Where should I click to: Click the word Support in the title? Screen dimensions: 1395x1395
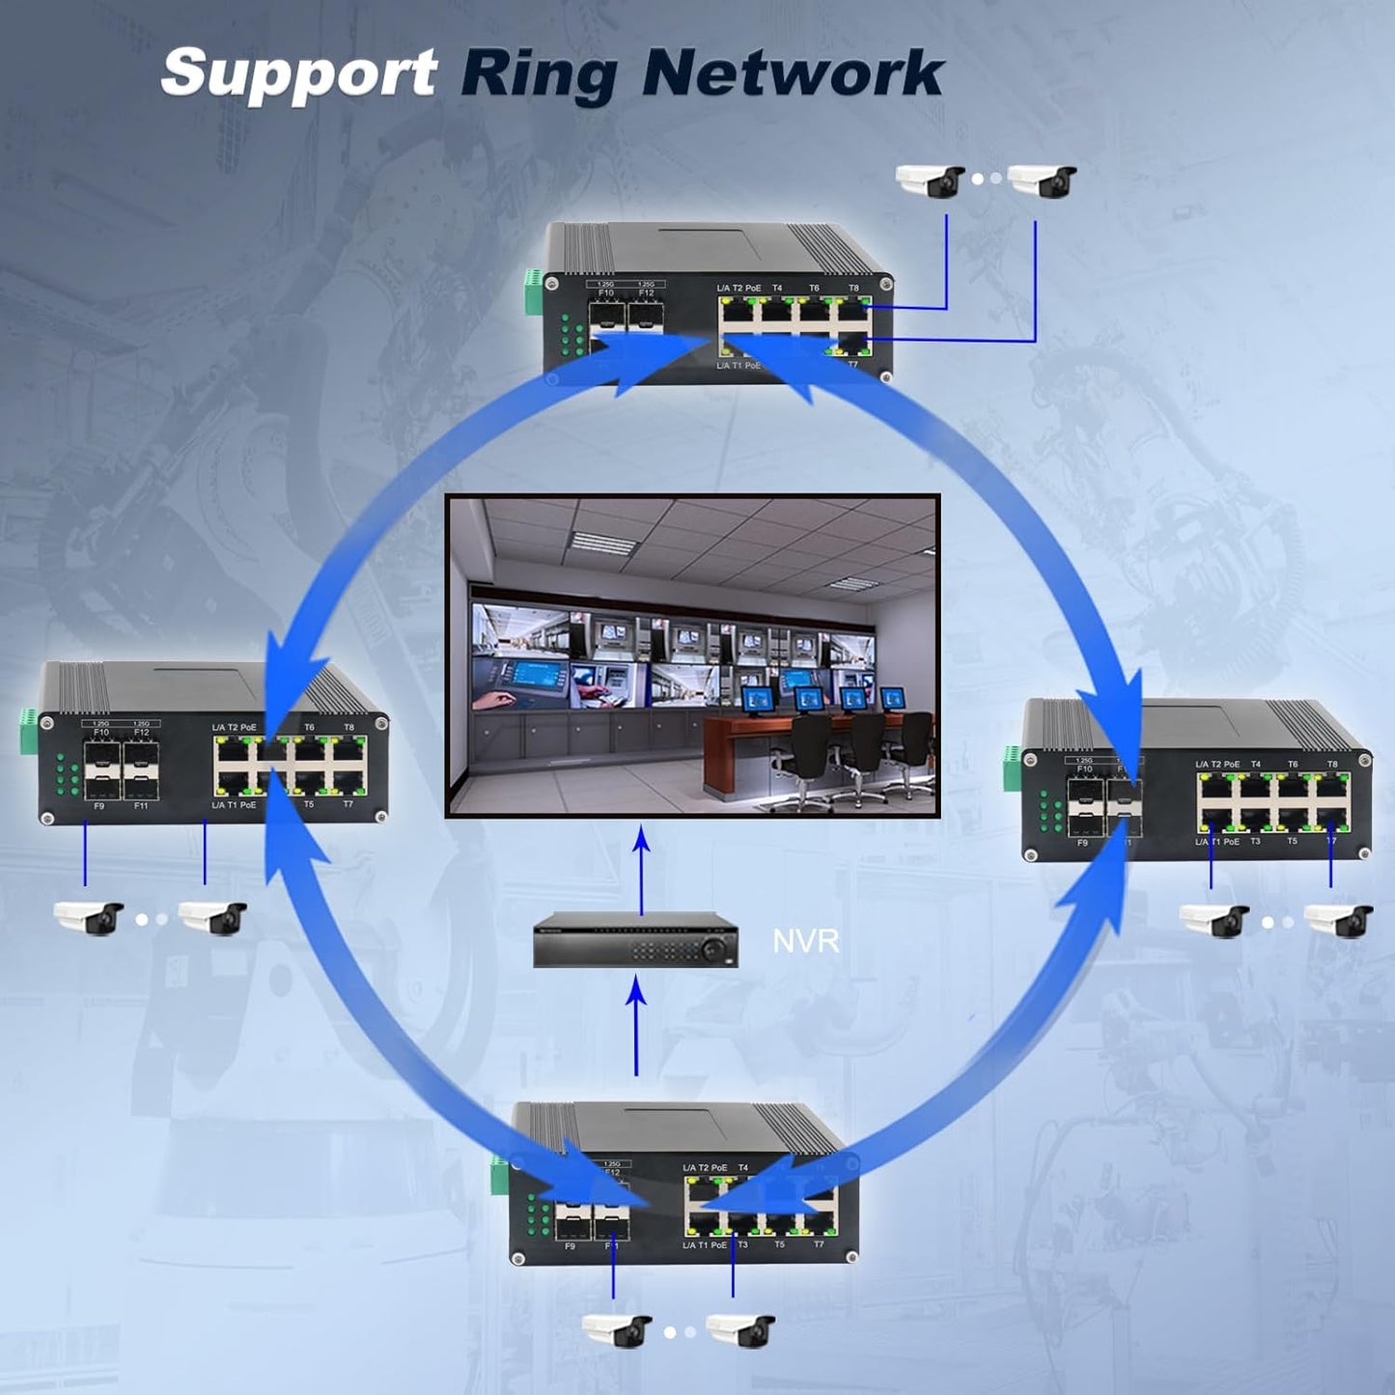[297, 73]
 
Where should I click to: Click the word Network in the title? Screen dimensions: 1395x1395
[792, 73]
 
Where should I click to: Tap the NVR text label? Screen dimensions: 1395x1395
[805, 940]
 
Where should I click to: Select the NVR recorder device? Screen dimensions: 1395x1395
[635, 938]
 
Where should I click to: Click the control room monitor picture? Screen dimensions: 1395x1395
[692, 656]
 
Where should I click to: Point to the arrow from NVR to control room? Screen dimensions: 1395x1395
[641, 869]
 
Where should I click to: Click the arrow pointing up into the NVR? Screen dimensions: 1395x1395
[636, 1023]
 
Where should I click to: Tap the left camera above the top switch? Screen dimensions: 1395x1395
[930, 181]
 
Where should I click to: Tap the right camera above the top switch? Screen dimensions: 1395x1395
[1043, 181]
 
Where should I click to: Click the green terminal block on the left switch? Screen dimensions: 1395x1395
[27, 731]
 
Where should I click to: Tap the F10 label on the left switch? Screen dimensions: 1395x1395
[101, 733]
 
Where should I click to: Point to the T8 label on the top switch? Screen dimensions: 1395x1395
[853, 288]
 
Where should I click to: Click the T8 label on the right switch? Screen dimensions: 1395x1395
[1332, 764]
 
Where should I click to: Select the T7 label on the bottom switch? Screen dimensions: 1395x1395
[819, 1244]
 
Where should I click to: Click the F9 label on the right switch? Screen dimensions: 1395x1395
[1082, 843]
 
